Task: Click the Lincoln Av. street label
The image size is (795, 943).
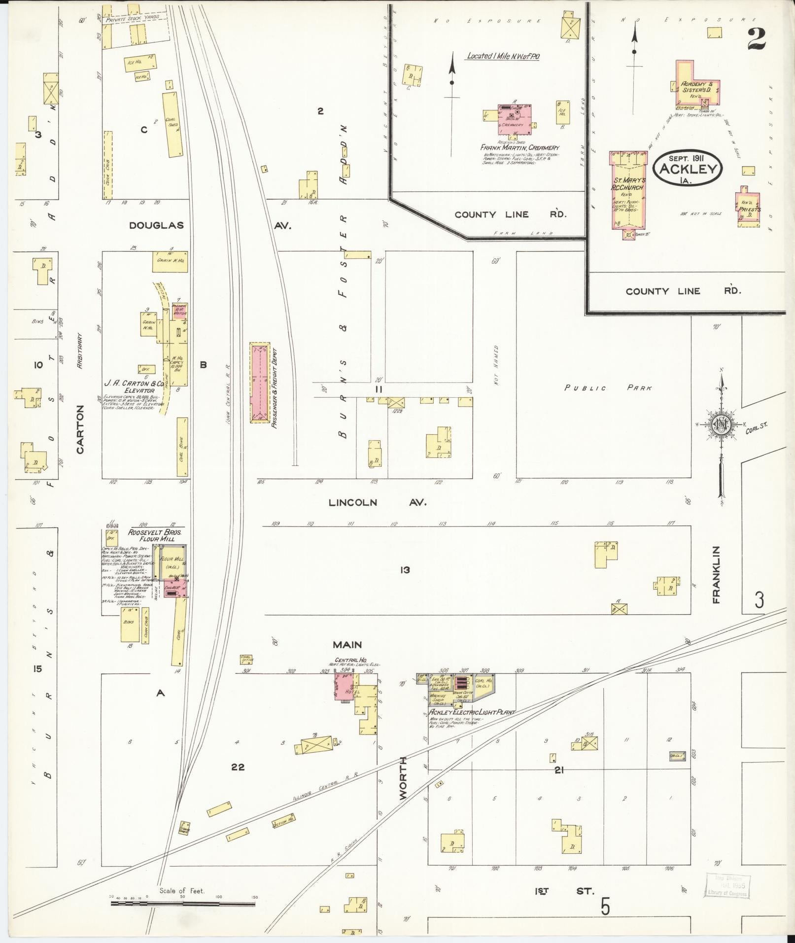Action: click(378, 502)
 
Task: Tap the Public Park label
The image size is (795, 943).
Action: click(608, 388)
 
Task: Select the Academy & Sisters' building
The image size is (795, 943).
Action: click(696, 84)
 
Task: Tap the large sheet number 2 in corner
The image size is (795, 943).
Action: click(757, 39)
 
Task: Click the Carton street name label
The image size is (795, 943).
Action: click(80, 429)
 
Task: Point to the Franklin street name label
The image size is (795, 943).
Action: click(716, 574)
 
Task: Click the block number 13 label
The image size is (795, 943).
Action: click(405, 570)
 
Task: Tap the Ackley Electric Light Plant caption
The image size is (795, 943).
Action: click(471, 712)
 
